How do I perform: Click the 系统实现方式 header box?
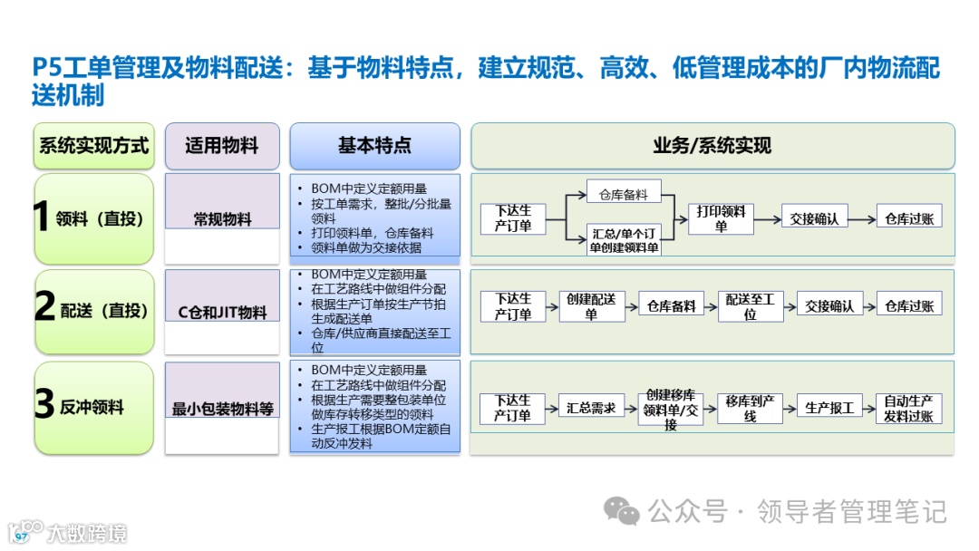pos(93,146)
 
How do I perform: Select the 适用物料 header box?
pos(221,146)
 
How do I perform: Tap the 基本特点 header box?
pos(374,146)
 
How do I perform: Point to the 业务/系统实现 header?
pos(712,146)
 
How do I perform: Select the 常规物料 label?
pos(222,219)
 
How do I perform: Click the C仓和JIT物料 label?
pos(222,313)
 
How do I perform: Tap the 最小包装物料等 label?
pos(222,409)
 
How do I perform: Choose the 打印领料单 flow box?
pos(721,218)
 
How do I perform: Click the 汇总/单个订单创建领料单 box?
pos(625,239)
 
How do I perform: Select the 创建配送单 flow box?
pos(591,306)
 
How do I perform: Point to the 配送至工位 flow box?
pos(750,306)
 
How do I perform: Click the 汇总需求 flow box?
pos(590,408)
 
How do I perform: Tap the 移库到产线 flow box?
pos(749,408)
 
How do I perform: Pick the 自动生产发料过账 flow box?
pos(909,408)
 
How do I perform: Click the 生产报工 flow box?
pos(829,408)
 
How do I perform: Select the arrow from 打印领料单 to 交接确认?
pos(767,218)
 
